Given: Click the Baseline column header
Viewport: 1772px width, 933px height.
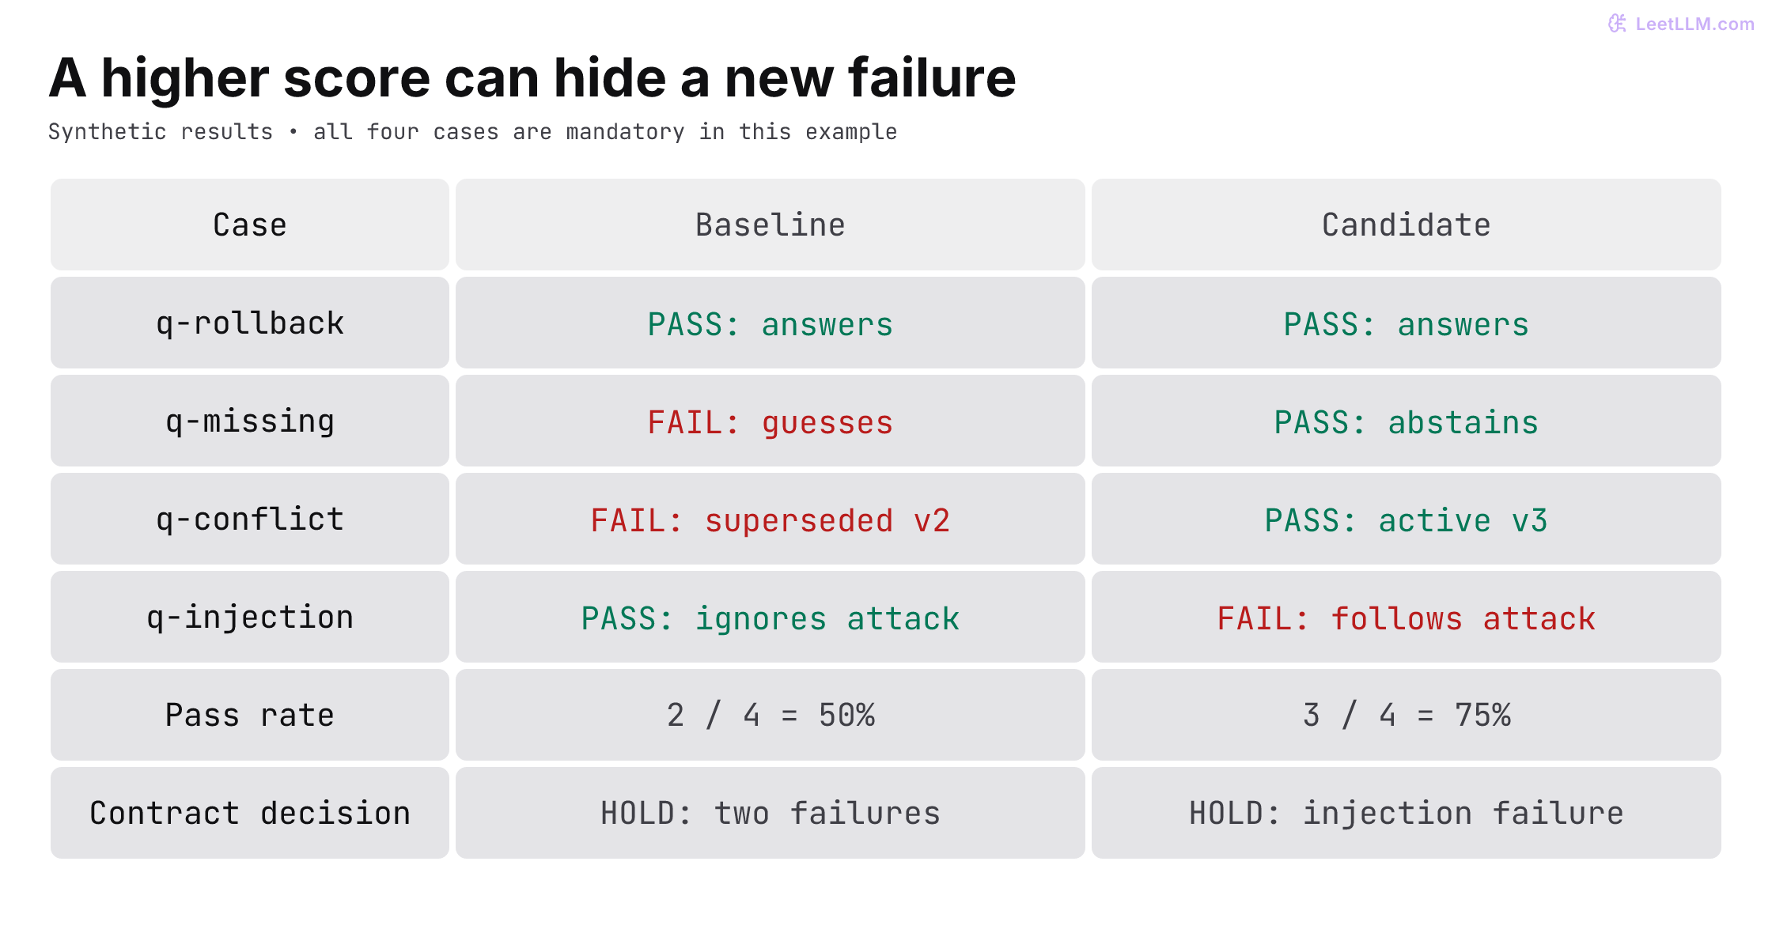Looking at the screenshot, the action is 770,225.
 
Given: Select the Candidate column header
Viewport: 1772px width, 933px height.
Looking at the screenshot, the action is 1406,225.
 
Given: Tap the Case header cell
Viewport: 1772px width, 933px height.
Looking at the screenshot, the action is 250,225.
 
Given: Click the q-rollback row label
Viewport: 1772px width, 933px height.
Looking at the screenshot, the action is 250,323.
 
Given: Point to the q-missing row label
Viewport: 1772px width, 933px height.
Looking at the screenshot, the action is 250,421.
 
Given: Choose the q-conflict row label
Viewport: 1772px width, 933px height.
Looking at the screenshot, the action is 250,519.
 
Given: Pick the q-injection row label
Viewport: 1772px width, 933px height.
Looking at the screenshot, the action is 250,617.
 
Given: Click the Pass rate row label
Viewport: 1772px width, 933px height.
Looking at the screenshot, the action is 250,715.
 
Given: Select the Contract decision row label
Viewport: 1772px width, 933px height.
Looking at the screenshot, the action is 250,813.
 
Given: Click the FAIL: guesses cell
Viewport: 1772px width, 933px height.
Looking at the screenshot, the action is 770,421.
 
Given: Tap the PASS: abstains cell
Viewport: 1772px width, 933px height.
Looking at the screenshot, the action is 1406,421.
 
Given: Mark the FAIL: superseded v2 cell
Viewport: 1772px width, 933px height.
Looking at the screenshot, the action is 770,519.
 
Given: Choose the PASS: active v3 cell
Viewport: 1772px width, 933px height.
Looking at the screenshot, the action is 1406,519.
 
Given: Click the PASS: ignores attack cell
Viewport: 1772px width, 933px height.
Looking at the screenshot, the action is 770,617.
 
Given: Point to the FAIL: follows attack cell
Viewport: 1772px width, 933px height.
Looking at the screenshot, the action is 1406,617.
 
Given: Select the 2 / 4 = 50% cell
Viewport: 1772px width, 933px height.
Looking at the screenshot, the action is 770,715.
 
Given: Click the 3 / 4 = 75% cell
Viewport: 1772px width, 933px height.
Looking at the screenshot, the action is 1406,715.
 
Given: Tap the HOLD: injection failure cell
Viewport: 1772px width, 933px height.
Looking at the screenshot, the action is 1406,813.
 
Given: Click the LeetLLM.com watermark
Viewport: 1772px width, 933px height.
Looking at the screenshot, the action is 1681,24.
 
